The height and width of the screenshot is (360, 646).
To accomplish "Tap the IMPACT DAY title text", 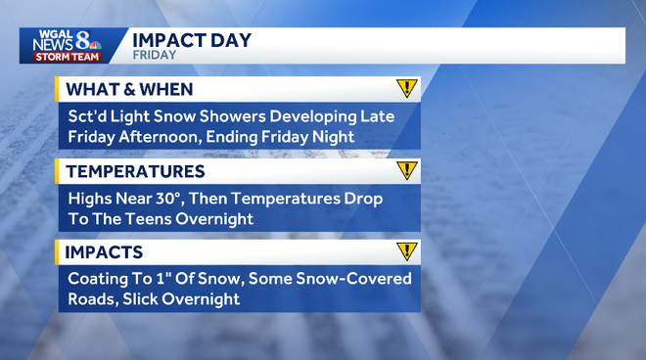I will (x=191, y=40).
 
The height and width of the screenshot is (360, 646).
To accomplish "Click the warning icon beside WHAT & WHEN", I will (x=407, y=89).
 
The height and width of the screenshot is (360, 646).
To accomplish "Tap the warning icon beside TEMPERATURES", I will (x=407, y=171).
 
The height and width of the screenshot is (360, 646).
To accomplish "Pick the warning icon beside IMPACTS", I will (x=407, y=252).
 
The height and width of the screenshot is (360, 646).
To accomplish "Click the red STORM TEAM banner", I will (x=65, y=56).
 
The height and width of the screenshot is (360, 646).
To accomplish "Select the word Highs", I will (x=91, y=199).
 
